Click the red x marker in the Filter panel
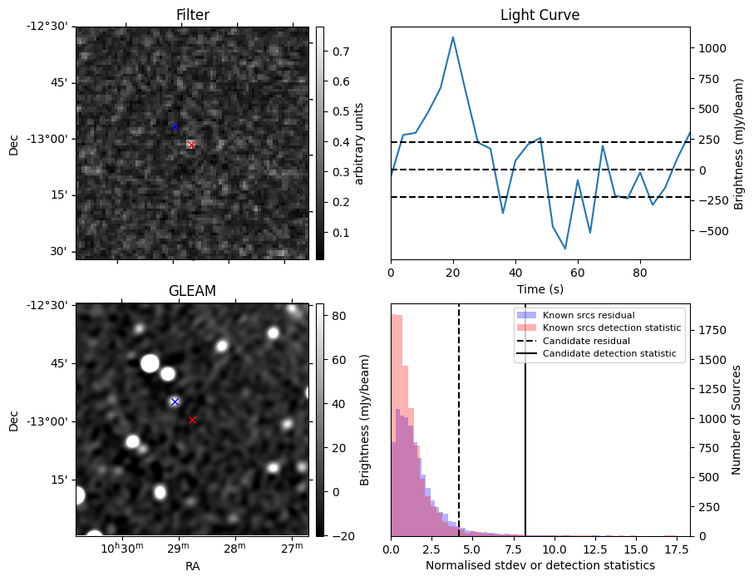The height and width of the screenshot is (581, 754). tap(191, 145)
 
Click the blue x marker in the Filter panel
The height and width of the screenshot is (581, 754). tap(175, 126)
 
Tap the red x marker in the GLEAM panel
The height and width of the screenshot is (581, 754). tap(192, 420)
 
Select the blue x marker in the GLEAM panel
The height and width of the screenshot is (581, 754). tap(175, 401)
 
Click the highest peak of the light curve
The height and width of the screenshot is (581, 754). tap(453, 37)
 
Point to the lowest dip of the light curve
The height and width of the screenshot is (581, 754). tap(565, 249)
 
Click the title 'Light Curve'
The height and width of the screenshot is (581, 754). tap(540, 15)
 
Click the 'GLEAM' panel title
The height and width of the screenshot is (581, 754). tap(192, 291)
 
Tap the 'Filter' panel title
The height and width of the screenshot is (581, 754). tap(192, 15)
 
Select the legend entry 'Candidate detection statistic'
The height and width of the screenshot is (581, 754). tap(609, 355)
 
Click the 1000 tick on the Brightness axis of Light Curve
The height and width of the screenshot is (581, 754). tap(712, 48)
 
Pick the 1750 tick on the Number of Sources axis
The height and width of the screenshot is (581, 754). tap(712, 330)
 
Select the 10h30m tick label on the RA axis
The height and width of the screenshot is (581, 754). tap(123, 549)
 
